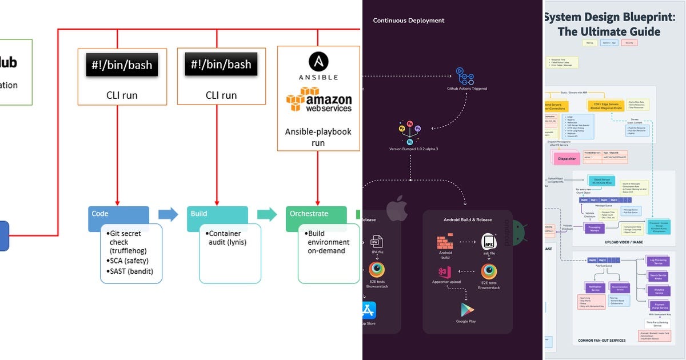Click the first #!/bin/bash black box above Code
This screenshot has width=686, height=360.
point(122,65)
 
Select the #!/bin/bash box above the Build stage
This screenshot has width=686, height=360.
point(221,65)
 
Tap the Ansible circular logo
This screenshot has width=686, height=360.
point(318,62)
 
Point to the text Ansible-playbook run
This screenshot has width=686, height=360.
point(318,137)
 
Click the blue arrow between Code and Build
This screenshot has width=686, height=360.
point(168,214)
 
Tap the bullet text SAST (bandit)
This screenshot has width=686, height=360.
point(132,271)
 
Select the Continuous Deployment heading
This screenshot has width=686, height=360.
point(409,21)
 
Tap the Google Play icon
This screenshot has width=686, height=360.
point(467,310)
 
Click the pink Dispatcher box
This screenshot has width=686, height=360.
point(566,159)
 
